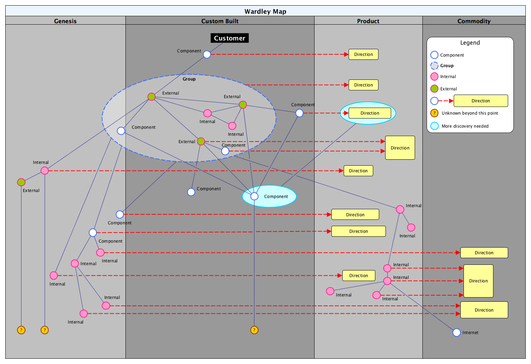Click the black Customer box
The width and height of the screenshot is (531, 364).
(x=229, y=38)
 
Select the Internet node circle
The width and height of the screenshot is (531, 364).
(x=456, y=332)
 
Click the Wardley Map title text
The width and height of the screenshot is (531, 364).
(x=265, y=11)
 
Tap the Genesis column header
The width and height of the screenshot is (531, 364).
(x=65, y=21)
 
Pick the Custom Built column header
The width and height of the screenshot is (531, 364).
(x=220, y=21)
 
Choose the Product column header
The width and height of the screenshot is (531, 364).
(x=368, y=21)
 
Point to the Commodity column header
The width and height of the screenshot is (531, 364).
(x=474, y=21)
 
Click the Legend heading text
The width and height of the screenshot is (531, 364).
(x=470, y=43)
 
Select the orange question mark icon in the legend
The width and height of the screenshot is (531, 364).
(x=434, y=113)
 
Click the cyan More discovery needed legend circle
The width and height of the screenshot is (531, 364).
(x=434, y=126)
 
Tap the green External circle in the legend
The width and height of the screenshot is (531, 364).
(x=434, y=89)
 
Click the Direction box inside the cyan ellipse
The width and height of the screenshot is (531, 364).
(x=370, y=113)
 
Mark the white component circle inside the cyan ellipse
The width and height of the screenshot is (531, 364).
(x=254, y=196)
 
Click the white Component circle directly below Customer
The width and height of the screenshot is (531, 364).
(x=207, y=55)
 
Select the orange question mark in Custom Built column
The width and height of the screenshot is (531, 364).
(x=254, y=330)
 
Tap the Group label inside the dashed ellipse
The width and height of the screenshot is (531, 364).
(x=189, y=79)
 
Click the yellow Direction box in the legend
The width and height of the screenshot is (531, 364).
(x=480, y=101)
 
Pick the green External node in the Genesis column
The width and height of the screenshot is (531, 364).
(x=21, y=182)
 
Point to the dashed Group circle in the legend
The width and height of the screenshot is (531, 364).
(x=434, y=65)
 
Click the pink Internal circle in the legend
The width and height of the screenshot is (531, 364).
(x=434, y=76)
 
